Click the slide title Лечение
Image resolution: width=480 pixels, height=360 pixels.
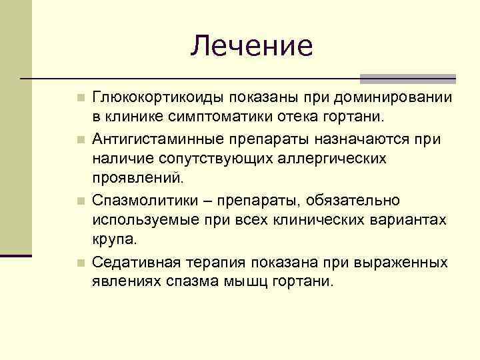[251, 46]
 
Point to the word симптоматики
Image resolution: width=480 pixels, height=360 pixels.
[218, 118]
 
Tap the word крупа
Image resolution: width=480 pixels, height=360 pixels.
[114, 239]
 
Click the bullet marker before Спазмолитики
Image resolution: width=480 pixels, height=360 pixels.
[80, 201]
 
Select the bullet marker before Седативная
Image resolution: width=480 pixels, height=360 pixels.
[80, 261]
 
